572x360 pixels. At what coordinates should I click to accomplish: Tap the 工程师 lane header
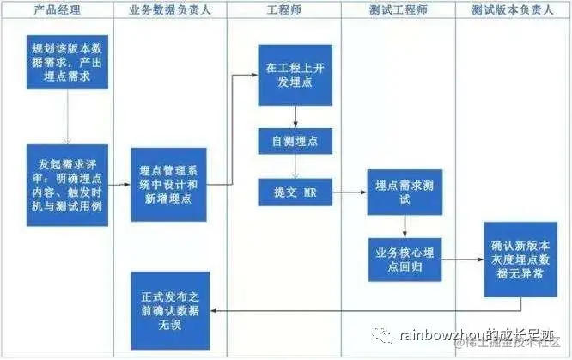[x=284, y=10]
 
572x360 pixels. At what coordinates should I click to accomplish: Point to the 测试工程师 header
[x=398, y=10]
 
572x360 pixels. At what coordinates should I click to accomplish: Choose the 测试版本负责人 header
[x=512, y=10]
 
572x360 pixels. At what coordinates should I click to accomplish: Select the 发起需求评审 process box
[x=69, y=186]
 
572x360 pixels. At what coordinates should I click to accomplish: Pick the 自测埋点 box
[x=295, y=140]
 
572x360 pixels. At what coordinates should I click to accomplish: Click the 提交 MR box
[x=295, y=191]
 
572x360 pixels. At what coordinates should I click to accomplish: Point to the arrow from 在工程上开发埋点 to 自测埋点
[x=295, y=117]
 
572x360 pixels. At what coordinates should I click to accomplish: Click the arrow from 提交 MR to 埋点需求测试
[x=349, y=191]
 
